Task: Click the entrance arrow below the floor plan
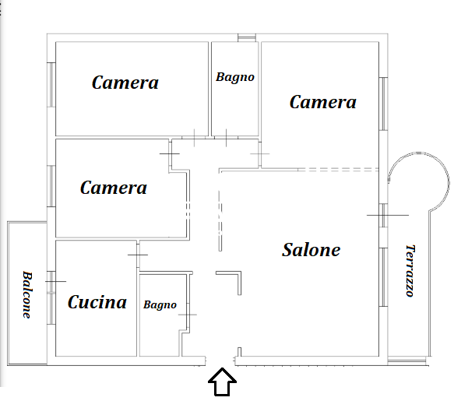223,382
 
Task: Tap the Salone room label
311,250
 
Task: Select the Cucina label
97,302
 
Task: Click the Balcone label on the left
27,295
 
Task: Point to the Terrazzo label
410,271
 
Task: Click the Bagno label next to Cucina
160,305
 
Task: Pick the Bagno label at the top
235,77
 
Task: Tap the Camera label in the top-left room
125,83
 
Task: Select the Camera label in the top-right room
323,102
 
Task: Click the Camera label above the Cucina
114,188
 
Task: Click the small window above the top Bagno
247,37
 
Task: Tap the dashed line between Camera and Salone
338,170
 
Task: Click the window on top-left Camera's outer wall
51,85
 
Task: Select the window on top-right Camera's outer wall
383,104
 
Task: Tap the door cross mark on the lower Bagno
188,315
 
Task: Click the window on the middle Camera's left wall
51,186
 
